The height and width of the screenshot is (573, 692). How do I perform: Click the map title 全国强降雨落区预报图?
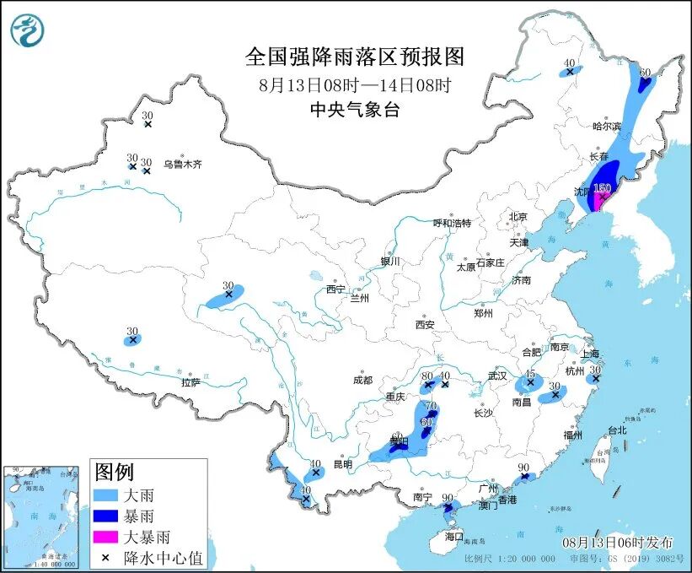(354, 57)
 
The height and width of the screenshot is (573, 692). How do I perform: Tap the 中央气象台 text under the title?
(354, 110)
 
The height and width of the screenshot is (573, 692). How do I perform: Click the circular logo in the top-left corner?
(27, 32)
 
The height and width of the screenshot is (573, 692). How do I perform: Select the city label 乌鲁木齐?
(183, 165)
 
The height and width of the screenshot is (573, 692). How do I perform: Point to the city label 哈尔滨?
(605, 126)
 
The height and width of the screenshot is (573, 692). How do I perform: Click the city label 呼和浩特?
(452, 224)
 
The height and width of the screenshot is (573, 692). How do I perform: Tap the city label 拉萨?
(190, 382)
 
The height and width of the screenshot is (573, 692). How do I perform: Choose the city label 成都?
(363, 379)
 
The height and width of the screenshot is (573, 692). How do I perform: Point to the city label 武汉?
(497, 375)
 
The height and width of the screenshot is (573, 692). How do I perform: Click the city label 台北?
(617, 430)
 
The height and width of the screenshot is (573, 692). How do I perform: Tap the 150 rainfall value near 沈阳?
(602, 188)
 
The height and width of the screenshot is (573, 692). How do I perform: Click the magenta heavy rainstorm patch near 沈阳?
(601, 201)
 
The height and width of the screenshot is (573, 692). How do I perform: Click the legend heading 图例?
(114, 472)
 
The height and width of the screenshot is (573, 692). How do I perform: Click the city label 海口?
(454, 536)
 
